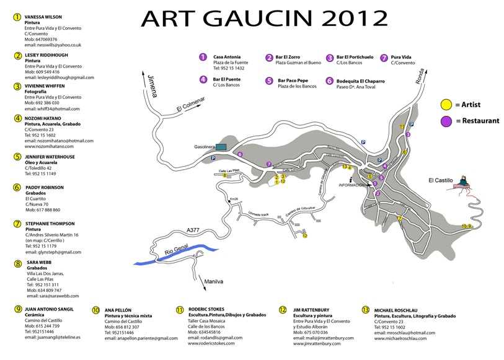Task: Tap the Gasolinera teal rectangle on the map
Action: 221,146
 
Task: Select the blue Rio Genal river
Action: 174,255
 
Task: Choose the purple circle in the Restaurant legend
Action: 445,121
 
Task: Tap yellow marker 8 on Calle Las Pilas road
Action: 224,176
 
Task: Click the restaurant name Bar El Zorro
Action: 289,57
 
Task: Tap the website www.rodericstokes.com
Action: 211,343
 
